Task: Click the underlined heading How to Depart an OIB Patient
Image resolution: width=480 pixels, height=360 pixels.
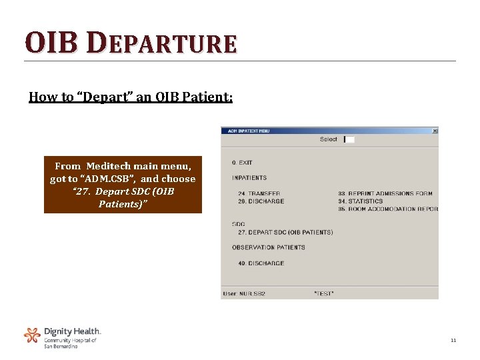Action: [x=131, y=97]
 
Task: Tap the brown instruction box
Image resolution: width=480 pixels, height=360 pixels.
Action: [x=123, y=185]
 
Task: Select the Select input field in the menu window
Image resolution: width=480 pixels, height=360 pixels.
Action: [x=349, y=139]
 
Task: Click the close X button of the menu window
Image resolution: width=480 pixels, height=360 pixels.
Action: [x=435, y=131]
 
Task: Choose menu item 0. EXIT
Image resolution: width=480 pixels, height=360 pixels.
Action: [x=242, y=163]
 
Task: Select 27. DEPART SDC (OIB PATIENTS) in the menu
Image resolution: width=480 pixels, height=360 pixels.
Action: [x=285, y=232]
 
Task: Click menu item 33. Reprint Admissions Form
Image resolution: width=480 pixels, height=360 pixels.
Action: [x=385, y=193]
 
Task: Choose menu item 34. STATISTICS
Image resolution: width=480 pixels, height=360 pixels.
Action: [x=361, y=201]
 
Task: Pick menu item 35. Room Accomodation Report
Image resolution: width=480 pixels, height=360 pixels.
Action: [x=388, y=209]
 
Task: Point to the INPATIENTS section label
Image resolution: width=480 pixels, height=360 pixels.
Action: [x=249, y=178]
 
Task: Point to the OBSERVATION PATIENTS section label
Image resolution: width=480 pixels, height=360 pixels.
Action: [x=269, y=247]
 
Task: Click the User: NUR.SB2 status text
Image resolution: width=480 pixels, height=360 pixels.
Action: [x=244, y=293]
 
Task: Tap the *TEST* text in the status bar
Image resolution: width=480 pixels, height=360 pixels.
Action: [x=323, y=293]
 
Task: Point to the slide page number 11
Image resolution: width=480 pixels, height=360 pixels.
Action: [x=453, y=341]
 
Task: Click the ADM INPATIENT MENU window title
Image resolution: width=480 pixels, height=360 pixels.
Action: [x=248, y=131]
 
